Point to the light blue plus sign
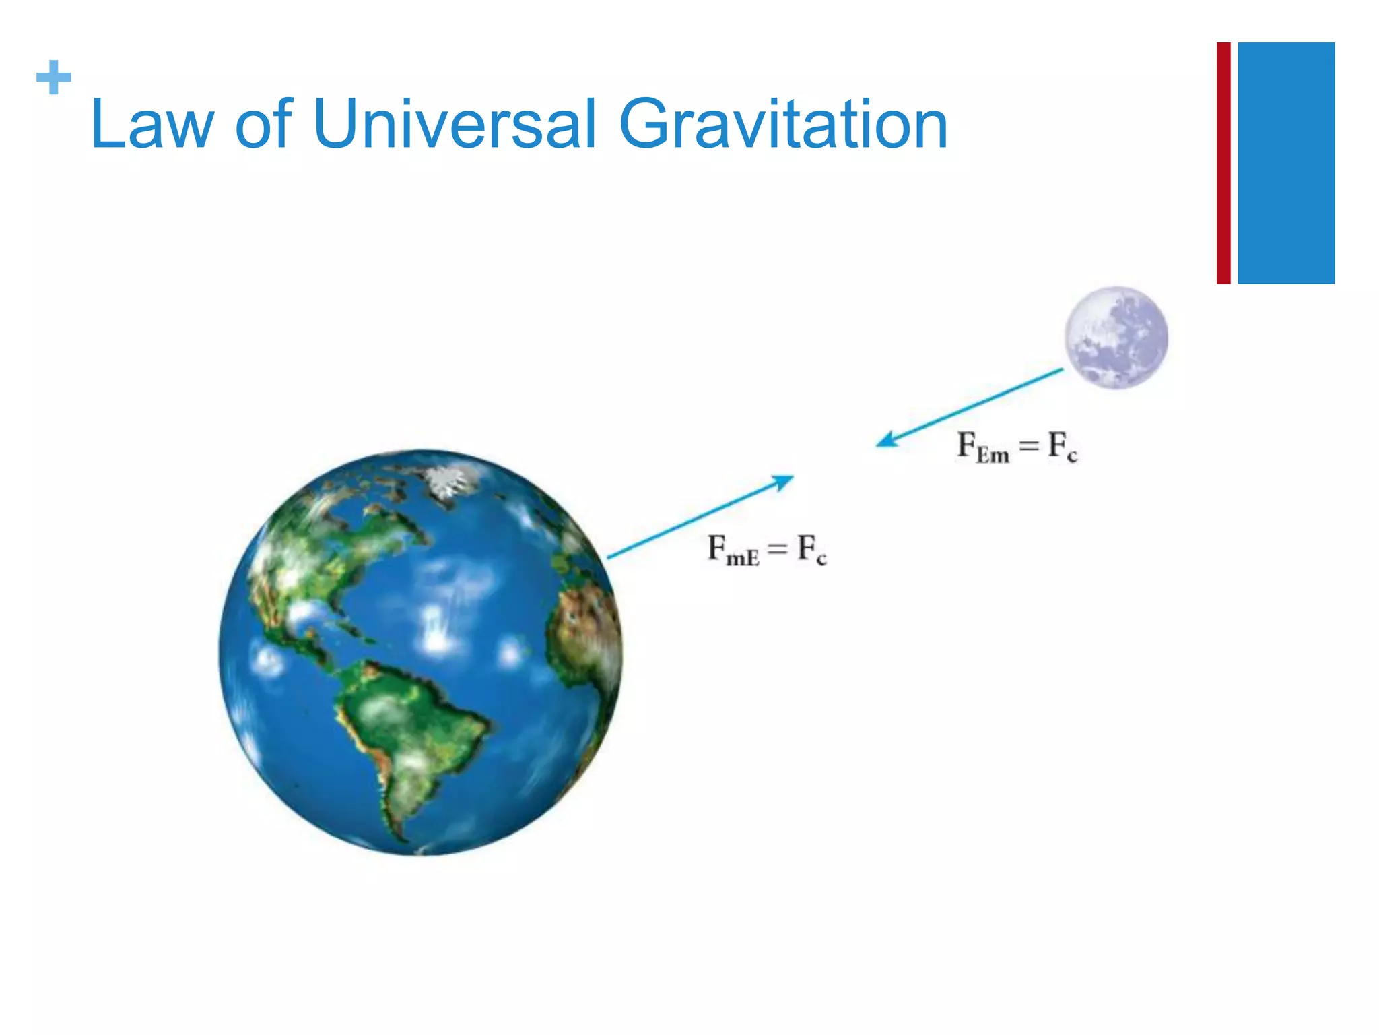tap(54, 77)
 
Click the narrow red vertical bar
tap(1223, 163)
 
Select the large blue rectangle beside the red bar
tap(1286, 163)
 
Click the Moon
tap(1116, 338)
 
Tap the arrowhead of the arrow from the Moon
tap(885, 441)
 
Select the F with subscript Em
tap(983, 447)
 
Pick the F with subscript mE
tap(733, 550)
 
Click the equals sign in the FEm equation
tap(1028, 445)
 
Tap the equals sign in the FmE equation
tap(778, 548)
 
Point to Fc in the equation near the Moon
tap(1063, 447)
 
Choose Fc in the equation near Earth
tap(811, 550)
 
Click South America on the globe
tap(404, 728)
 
